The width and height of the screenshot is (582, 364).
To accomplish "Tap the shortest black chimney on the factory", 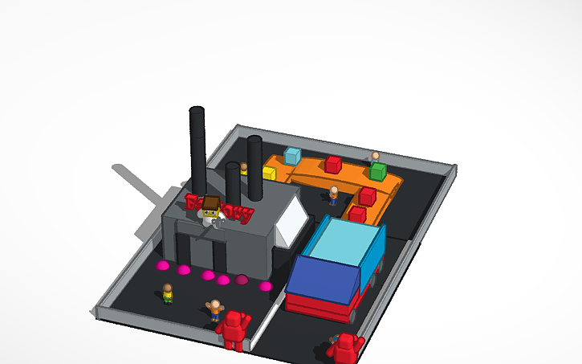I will point(234,183).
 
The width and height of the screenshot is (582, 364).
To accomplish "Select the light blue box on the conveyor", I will point(292,156).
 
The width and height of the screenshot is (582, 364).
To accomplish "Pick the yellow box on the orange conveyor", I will point(269,173).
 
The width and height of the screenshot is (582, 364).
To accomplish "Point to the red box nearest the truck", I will point(357,214).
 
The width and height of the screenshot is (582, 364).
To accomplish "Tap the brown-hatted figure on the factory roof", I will point(211,208).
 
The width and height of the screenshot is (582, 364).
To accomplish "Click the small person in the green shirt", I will point(168,293).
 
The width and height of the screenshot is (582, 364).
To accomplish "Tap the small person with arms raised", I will point(214,309).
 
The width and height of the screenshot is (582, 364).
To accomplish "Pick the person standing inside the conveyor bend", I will point(333,194).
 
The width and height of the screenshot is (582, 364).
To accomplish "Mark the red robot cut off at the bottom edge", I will point(346,349).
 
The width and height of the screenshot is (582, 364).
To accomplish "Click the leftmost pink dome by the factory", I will point(163,264).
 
